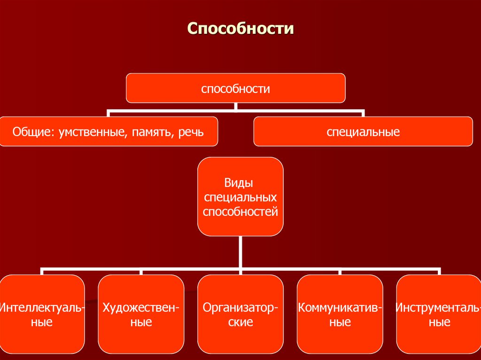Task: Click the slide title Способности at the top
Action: coord(240,29)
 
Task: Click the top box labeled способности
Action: coord(235,88)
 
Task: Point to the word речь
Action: coord(191,132)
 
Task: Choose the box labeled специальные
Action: coord(363,132)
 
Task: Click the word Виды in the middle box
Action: coord(240,183)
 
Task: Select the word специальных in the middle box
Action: coord(240,197)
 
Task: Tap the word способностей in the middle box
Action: coord(240,211)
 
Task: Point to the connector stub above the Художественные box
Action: coord(141,272)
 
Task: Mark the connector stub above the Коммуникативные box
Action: coord(340,272)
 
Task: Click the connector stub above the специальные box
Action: coord(363,114)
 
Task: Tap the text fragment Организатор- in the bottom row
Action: coord(240,308)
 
